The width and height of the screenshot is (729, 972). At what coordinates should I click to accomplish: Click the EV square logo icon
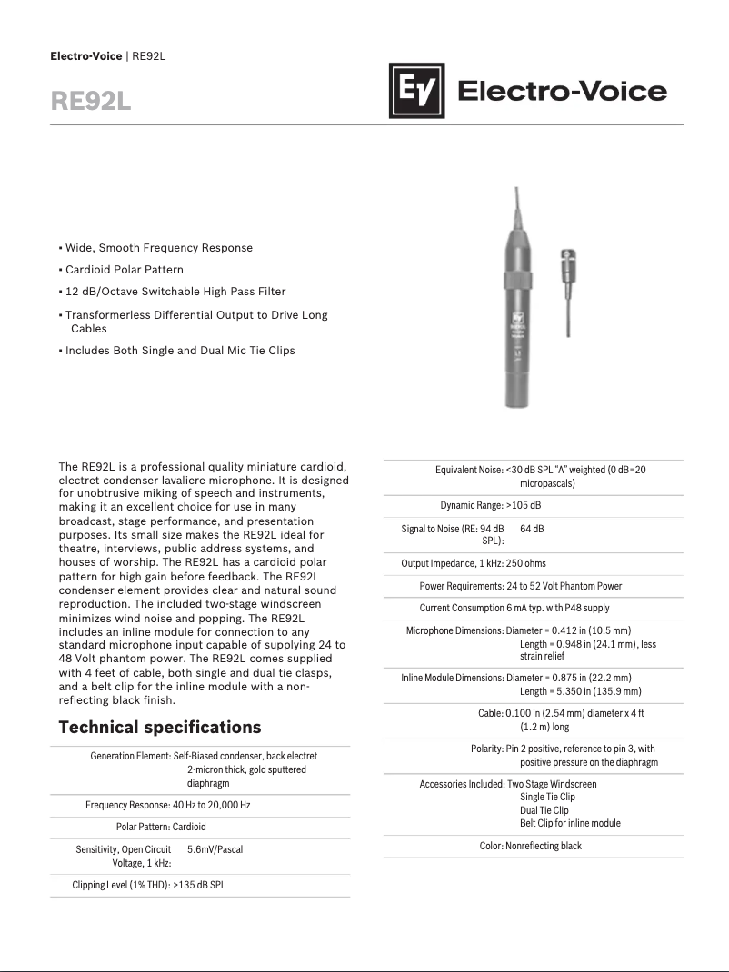pyautogui.click(x=418, y=91)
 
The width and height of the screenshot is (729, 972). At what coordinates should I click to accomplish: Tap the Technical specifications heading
pyautogui.click(x=159, y=728)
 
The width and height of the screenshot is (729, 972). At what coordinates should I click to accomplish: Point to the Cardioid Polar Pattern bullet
pyautogui.click(x=124, y=270)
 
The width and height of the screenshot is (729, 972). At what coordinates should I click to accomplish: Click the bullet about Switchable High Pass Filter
pyautogui.click(x=175, y=292)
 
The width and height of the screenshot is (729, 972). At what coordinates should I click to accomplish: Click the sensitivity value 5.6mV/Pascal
pyautogui.click(x=215, y=849)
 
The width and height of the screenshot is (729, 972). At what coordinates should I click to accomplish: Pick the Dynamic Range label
pyautogui.click(x=472, y=505)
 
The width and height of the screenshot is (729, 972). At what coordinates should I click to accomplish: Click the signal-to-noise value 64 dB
pyautogui.click(x=532, y=528)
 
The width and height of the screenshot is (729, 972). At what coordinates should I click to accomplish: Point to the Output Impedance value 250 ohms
pyautogui.click(x=526, y=563)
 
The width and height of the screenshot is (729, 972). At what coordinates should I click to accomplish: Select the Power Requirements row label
pyautogui.click(x=461, y=586)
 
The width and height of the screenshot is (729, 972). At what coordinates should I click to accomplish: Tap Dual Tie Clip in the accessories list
pyautogui.click(x=544, y=810)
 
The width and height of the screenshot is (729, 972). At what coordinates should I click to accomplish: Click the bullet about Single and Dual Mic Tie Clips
pyautogui.click(x=179, y=351)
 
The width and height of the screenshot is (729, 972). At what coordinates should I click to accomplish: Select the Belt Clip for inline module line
pyautogui.click(x=570, y=823)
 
